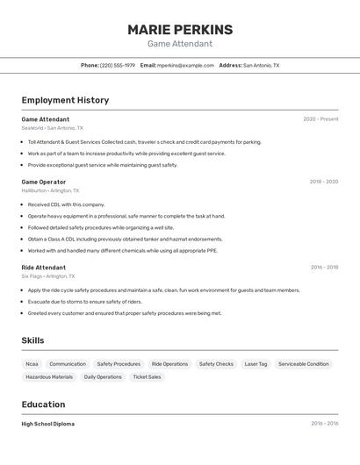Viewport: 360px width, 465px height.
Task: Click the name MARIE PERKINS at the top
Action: [180, 29]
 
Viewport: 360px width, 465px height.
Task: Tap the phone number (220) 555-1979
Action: [118, 65]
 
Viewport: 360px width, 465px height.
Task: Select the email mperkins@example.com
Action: [185, 65]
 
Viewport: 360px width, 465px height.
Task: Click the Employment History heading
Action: [65, 100]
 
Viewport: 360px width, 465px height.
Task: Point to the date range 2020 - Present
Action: [320, 118]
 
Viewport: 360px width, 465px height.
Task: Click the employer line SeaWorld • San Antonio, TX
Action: [53, 128]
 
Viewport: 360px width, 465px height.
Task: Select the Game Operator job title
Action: [44, 182]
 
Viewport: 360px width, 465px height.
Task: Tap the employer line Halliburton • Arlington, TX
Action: [50, 190]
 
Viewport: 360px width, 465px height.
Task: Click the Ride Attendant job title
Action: [44, 268]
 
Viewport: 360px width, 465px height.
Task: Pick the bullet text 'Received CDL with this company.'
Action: [66, 204]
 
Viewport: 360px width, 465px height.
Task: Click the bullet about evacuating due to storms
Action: [84, 301]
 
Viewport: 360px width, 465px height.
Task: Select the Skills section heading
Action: [32, 340]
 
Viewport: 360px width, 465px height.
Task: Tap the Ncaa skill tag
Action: [32, 364]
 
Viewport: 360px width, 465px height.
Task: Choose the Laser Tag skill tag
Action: [256, 364]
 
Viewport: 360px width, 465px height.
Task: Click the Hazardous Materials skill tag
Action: [49, 377]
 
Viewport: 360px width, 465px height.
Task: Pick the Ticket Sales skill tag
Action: [147, 377]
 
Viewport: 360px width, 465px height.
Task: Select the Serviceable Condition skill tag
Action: [304, 364]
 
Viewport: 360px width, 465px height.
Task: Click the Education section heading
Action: [43, 404]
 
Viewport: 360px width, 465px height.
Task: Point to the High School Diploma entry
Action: [48, 424]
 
